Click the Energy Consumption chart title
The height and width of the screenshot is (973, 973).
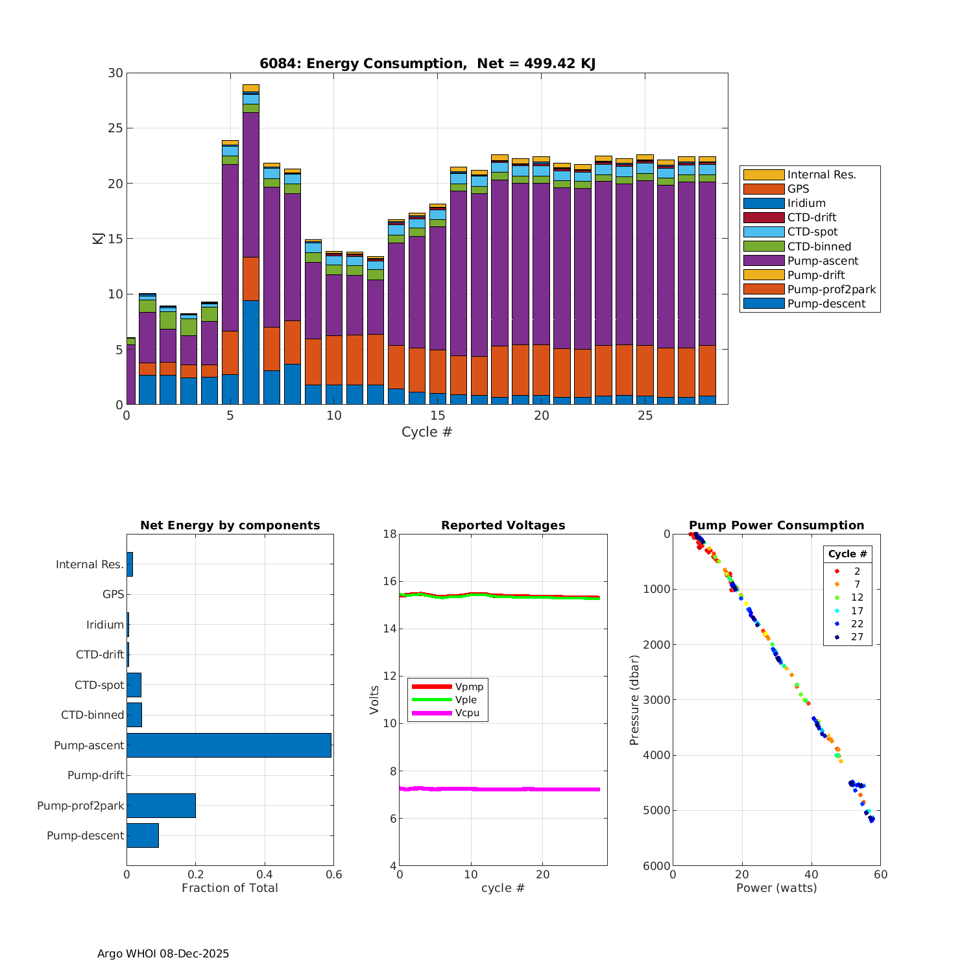pos(427,64)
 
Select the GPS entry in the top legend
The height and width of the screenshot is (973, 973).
pos(798,189)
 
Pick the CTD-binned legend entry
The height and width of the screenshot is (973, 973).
pos(819,246)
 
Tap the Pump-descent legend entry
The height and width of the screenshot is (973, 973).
pos(826,304)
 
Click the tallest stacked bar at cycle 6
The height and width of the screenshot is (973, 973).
pos(251,246)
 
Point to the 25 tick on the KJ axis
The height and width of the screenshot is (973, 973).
pos(115,128)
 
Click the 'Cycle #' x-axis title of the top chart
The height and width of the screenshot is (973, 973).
pos(427,432)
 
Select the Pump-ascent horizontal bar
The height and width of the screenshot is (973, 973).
pos(228,745)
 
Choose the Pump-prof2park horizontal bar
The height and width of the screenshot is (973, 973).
pos(161,806)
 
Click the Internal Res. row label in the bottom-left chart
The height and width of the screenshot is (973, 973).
pos(90,564)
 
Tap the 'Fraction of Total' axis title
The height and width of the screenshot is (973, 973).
pos(230,888)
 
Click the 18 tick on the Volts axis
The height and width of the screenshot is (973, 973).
pos(389,535)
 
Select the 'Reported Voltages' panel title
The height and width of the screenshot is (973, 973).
pos(503,525)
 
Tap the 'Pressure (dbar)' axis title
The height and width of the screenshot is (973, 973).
pos(634,700)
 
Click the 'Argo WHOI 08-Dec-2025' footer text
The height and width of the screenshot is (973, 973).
pos(163,954)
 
